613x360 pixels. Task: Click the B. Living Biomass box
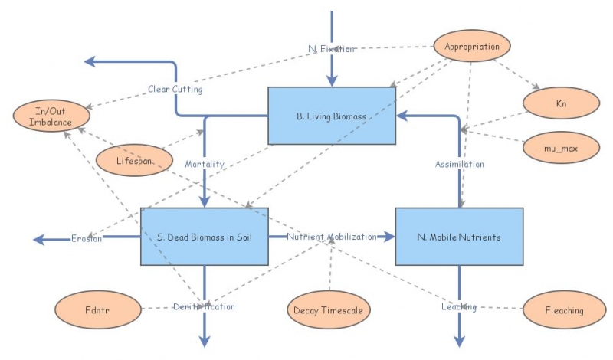point(331,116)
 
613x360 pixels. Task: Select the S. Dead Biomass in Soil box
point(205,237)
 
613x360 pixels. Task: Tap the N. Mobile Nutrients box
point(459,237)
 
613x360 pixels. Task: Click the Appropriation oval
point(472,47)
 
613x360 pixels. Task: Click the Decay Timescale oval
point(329,310)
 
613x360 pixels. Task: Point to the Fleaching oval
point(564,310)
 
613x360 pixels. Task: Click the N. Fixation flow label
point(331,49)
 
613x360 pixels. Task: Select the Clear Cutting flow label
point(175,90)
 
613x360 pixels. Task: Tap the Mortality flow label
point(205,164)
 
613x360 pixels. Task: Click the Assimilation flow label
point(460,164)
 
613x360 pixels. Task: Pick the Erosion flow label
point(86,238)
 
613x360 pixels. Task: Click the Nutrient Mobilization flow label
point(332,237)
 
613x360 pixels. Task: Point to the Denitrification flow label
point(204,306)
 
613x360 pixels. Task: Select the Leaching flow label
point(459,306)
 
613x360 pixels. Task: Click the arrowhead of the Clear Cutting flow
point(90,61)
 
